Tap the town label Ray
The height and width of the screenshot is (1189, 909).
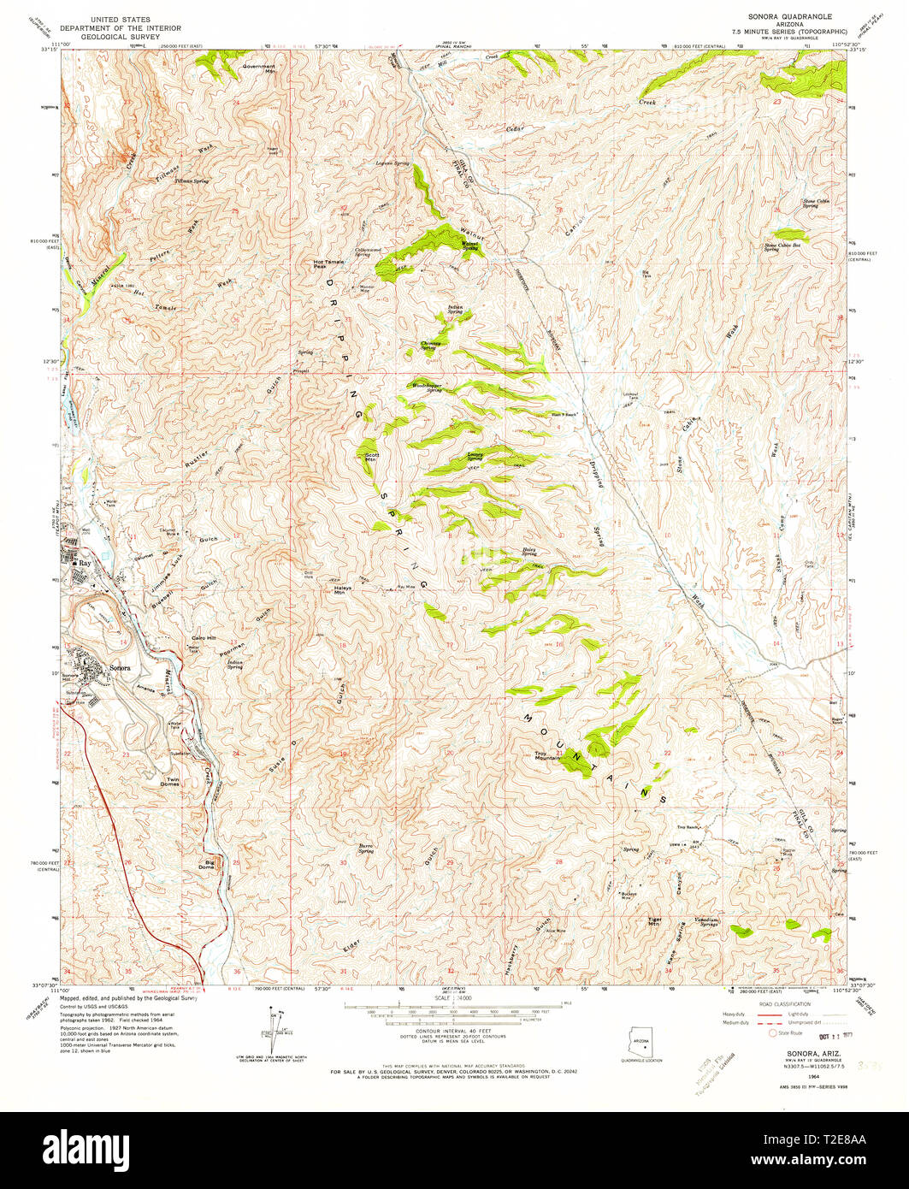[x=84, y=565]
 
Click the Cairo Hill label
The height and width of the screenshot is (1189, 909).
[x=204, y=639]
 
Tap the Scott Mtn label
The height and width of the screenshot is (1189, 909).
[x=372, y=457]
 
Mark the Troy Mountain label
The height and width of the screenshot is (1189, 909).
[x=547, y=755]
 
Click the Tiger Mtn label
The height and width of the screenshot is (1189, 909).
[x=655, y=922]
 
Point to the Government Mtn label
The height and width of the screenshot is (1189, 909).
[x=258, y=69]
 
